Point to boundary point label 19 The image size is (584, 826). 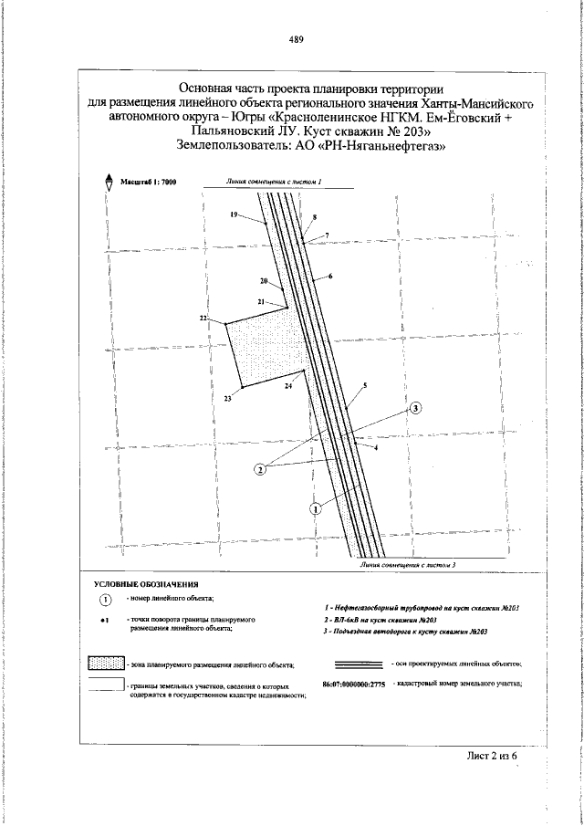(x=234, y=214)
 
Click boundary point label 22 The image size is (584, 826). (x=203, y=318)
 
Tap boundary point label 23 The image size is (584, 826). (x=228, y=398)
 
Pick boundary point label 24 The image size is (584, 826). (x=287, y=387)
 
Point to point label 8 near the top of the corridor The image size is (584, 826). (x=314, y=217)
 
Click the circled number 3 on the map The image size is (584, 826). (x=416, y=408)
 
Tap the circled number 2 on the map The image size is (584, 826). (x=260, y=469)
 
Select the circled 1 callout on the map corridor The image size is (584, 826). (x=316, y=507)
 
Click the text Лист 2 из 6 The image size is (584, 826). (x=493, y=757)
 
